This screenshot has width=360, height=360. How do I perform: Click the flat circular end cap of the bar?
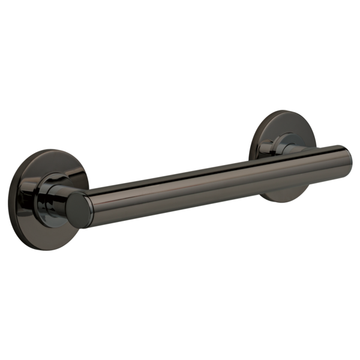point(79,209)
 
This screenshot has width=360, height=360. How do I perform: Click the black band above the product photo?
point(180,54)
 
